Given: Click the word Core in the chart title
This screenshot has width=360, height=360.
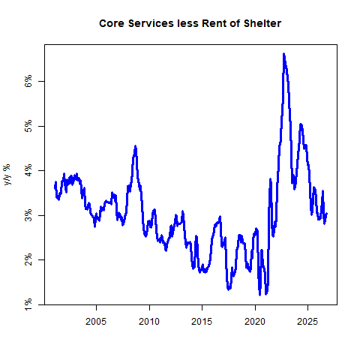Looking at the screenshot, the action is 112,23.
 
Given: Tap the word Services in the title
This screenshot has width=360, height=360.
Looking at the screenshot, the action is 151,23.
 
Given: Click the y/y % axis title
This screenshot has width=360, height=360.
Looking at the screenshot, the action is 7,174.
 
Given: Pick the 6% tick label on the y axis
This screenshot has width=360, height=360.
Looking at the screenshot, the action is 28,81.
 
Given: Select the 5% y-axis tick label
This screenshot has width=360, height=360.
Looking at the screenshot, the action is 28,126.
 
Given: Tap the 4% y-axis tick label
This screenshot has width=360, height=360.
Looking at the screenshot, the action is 28,170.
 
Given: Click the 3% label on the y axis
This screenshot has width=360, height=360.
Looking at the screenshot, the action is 28,215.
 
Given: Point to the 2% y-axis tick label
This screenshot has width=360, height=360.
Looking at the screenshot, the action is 28,259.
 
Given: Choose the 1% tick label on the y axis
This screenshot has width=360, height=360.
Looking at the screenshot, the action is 28,304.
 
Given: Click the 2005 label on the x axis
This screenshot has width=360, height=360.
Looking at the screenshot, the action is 96,322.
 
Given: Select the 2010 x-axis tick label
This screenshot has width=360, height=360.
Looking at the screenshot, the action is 149,322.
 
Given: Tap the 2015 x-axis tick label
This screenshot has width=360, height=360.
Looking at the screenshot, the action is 202,322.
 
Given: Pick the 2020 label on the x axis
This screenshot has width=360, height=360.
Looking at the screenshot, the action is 255,322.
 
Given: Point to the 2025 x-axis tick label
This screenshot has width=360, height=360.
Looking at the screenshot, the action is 307,322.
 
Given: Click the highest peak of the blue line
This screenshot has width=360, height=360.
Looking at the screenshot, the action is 283,54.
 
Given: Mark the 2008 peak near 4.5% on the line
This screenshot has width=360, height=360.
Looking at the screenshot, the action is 136,146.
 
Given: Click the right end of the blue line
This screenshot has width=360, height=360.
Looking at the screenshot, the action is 327,213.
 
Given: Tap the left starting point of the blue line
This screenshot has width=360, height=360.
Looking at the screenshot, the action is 55,186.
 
